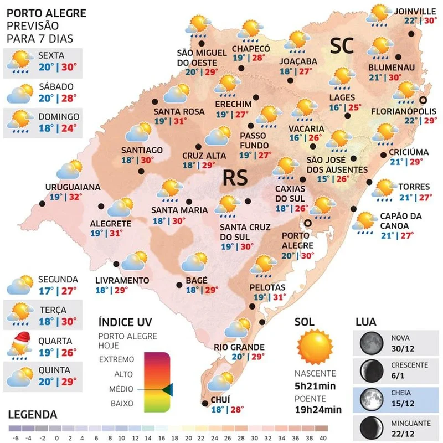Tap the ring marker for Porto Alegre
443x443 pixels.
(307, 223)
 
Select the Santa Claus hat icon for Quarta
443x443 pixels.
(20, 338)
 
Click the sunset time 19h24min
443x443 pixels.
(318, 409)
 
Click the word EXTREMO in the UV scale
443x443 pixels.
(116, 359)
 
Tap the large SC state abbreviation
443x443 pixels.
(342, 46)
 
